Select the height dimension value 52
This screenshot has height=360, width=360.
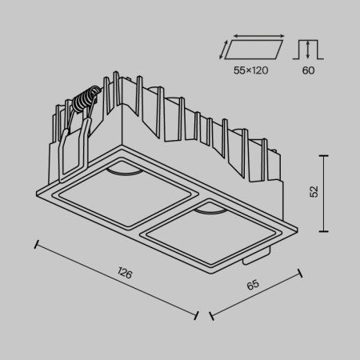[x=314, y=192]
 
